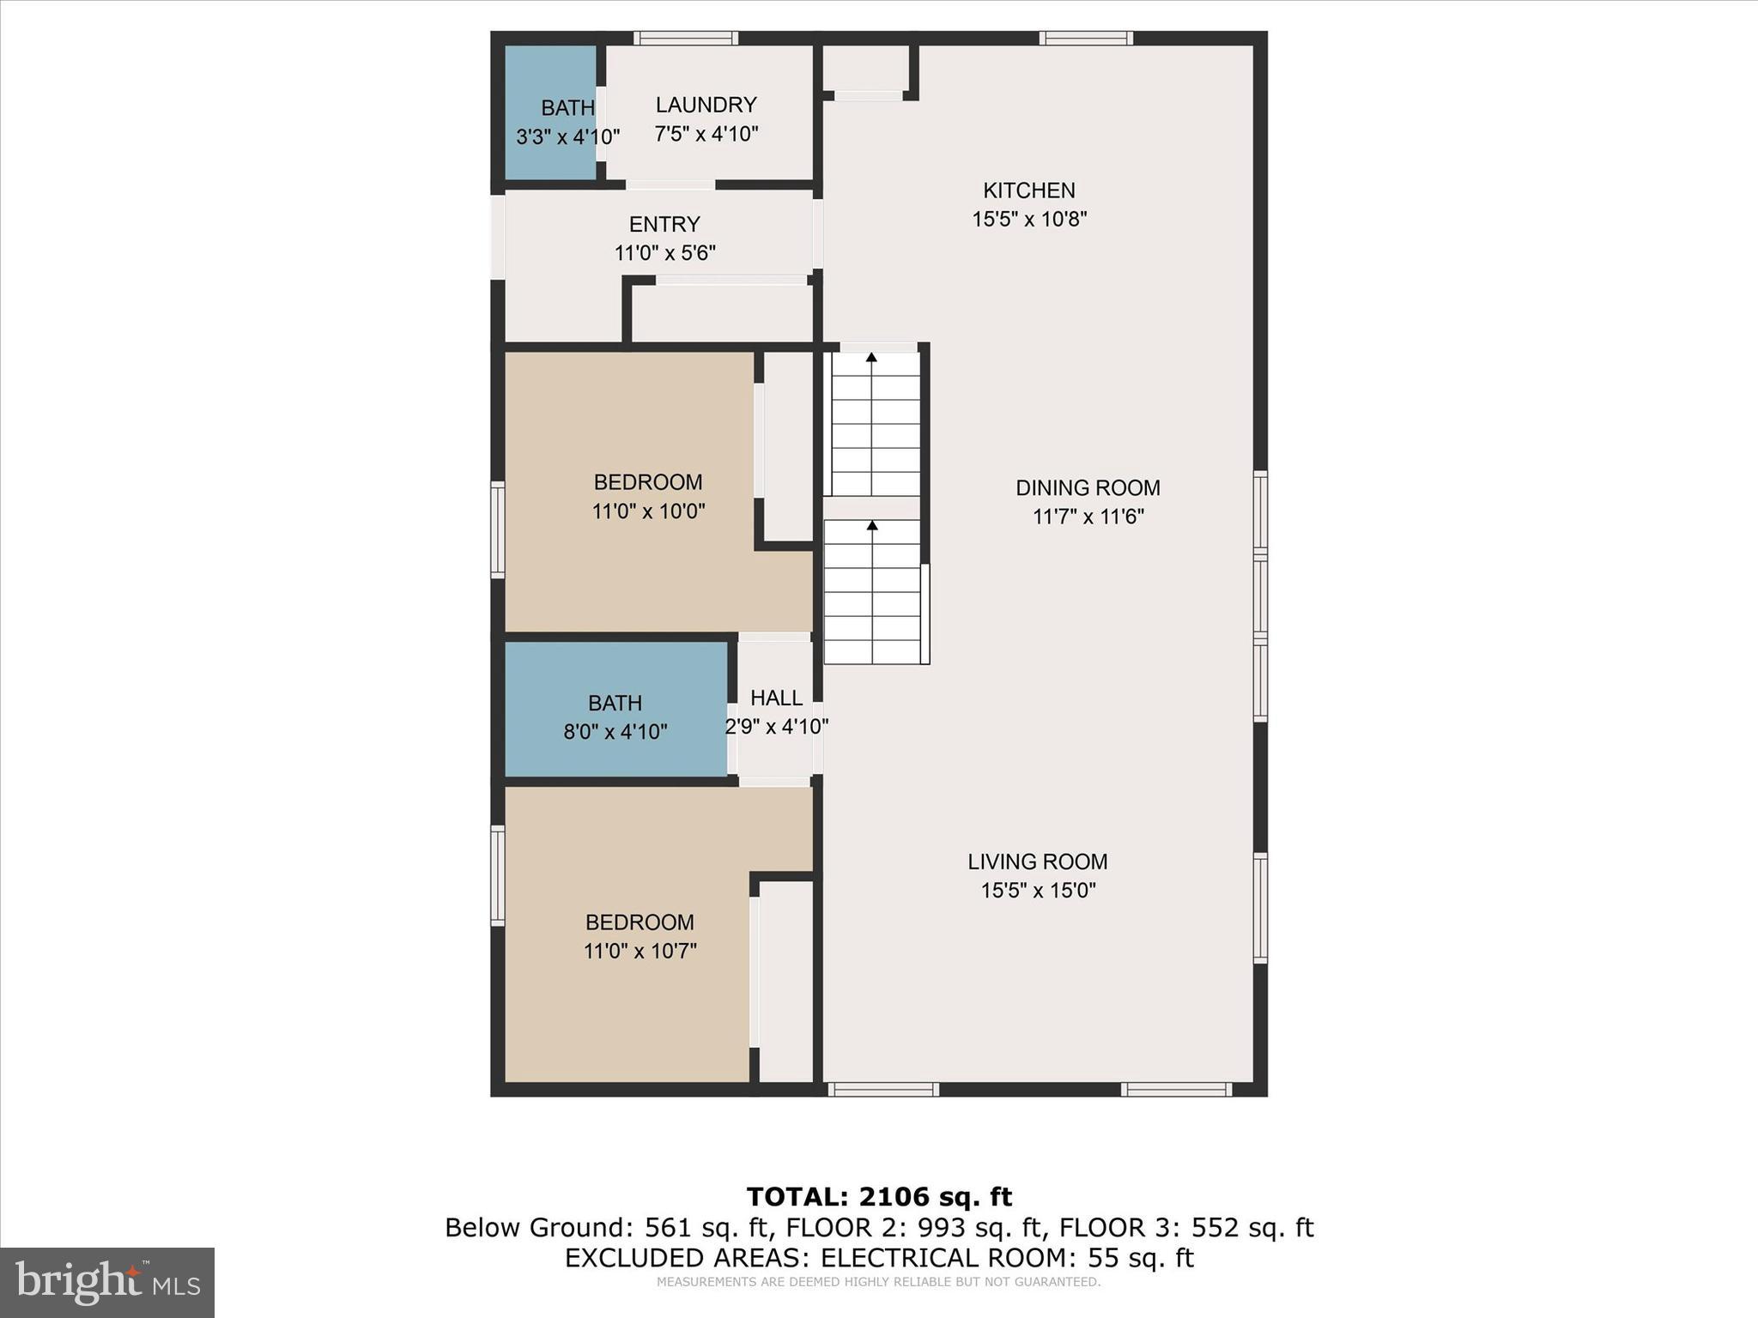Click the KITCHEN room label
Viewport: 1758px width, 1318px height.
pos(1028,190)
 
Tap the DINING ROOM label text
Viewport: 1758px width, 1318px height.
pos(1088,488)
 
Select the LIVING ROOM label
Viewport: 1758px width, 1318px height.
pos(1037,862)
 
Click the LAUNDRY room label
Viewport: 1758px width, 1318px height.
pos(706,105)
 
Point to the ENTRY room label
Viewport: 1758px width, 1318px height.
pos(664,225)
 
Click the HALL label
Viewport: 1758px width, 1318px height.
pos(776,698)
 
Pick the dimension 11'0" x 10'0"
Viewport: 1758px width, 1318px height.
pos(648,512)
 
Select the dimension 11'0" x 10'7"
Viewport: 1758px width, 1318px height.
pos(640,952)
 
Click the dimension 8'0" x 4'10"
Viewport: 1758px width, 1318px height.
pos(615,733)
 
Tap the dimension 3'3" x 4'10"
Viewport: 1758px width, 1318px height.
pos(567,137)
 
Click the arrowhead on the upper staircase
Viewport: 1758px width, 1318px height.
pos(871,357)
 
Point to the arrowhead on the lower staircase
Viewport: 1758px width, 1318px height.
pos(872,524)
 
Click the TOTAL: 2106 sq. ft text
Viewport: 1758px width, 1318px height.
pos(879,1196)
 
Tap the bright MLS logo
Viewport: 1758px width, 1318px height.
pos(107,1282)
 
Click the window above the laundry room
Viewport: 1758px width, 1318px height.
pos(685,38)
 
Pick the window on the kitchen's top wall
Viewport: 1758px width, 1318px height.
pos(1086,38)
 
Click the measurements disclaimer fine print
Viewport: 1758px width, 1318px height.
pos(878,1282)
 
